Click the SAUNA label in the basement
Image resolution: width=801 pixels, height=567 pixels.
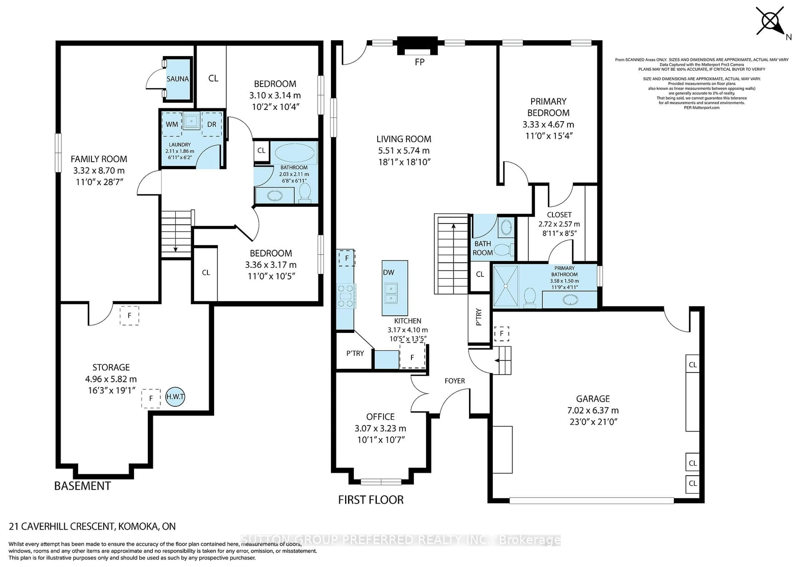pos(178,79)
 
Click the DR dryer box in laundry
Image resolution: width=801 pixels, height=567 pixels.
pos(212,124)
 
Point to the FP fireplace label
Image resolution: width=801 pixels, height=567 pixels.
pos(420,62)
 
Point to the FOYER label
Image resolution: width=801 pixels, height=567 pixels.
pos(455,381)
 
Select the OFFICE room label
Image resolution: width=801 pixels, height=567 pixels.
pos(380,417)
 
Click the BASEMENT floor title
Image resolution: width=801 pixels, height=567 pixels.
pos(83,486)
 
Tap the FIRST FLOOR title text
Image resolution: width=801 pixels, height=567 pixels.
pos(371,500)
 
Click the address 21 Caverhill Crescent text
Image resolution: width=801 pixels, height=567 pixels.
pos(92,526)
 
